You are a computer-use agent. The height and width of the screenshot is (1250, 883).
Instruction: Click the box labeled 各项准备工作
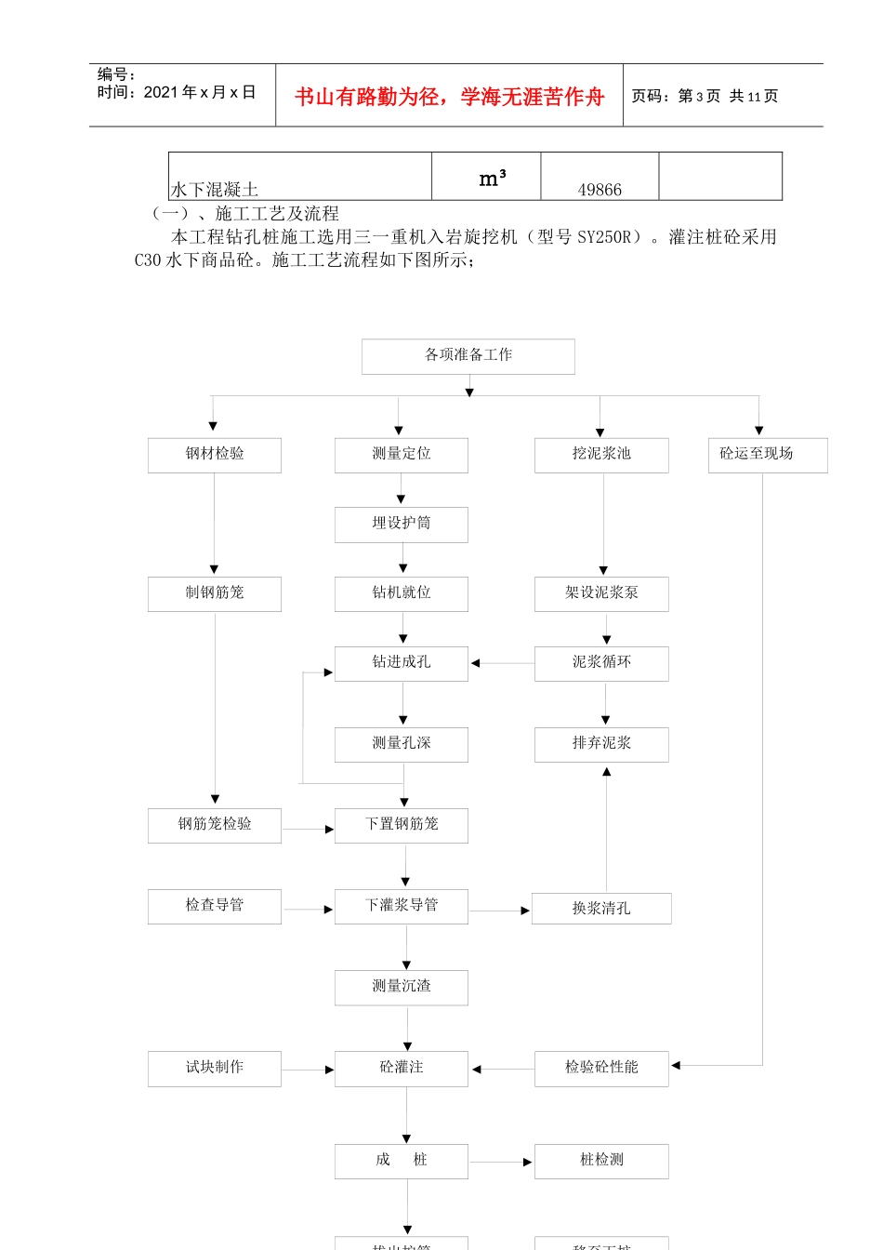468,356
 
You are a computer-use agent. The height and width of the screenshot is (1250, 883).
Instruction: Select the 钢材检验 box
214,455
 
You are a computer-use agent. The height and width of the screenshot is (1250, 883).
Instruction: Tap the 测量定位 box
401,455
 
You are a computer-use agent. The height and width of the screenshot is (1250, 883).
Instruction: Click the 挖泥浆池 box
601,455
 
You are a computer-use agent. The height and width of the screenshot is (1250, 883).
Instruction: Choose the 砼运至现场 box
767,455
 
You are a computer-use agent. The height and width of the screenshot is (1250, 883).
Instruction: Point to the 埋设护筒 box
401,525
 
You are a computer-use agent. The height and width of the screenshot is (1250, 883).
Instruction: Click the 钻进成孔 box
401,663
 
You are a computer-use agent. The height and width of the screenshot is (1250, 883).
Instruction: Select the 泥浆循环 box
601,663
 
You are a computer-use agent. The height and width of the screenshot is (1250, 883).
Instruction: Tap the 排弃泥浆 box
601,744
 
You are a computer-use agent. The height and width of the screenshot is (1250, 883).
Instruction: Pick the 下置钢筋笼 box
401,825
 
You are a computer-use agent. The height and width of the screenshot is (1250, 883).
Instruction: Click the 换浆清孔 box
601,909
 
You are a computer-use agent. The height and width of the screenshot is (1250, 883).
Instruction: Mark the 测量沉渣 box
401,987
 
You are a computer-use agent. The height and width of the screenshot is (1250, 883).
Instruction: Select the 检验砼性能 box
601,1069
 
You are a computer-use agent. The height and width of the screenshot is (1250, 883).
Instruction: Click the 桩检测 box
601,1161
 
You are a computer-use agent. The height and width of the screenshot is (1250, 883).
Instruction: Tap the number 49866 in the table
600,190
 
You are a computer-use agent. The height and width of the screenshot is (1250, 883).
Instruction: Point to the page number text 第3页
699,96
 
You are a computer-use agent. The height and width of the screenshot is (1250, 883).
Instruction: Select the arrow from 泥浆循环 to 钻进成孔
502,663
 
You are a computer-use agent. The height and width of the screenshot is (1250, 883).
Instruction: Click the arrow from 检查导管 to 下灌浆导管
308,909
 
